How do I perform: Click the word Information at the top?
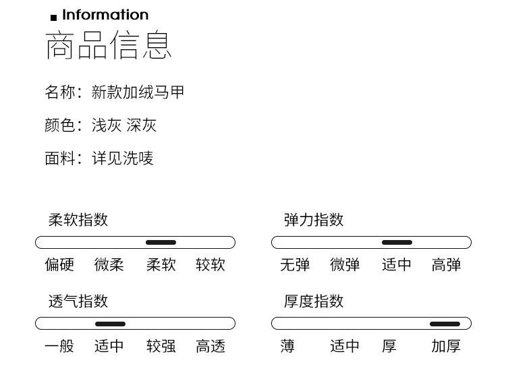[105, 15]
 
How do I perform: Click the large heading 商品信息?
[109, 45]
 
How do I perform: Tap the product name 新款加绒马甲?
[138, 92]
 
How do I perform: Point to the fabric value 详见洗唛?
[123, 158]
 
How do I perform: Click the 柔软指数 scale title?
[78, 220]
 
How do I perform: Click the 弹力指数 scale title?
[314, 220]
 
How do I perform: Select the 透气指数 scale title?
[78, 301]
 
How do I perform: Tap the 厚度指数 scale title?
[314, 301]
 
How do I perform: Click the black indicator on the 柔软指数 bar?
[161, 243]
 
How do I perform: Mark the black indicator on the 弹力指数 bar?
[397, 243]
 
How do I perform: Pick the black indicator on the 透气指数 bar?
[110, 324]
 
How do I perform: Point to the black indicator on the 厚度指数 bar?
[445, 324]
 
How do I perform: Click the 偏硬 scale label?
[59, 265]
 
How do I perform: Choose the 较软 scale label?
[210, 265]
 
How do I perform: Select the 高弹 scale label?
[446, 265]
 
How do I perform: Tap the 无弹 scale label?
[295, 265]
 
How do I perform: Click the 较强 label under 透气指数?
[161, 347]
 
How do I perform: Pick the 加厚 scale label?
[446, 347]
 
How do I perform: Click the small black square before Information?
[54, 18]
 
